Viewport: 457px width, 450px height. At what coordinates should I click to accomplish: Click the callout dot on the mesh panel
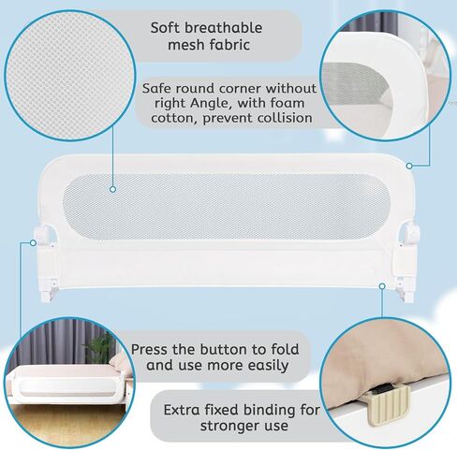click(x=113, y=189)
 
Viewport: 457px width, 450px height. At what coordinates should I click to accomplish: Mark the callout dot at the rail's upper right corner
click(x=409, y=166)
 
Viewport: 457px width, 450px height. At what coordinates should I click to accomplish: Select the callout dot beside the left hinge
click(x=33, y=242)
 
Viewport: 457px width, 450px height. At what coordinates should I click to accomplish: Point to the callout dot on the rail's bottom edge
click(x=382, y=286)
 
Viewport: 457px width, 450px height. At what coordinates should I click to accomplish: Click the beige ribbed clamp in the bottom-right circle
click(x=387, y=404)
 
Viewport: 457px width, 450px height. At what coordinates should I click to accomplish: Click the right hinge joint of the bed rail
click(x=409, y=232)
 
